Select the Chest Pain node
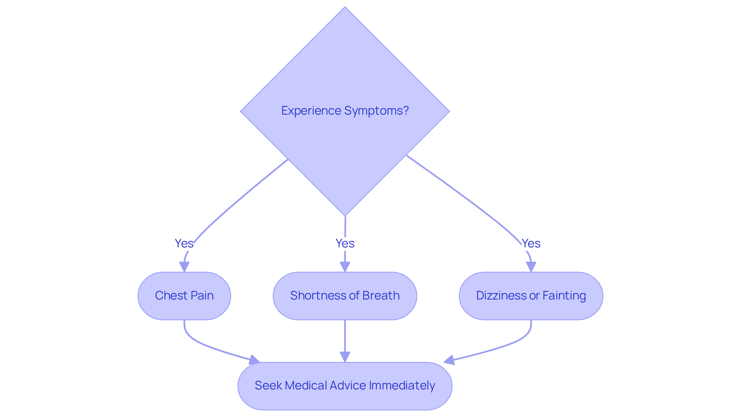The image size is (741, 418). [184, 296]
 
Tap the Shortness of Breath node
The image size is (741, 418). [345, 296]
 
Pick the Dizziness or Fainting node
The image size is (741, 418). [531, 296]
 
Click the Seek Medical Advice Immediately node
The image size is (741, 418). [345, 386]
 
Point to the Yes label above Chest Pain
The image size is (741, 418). [184, 243]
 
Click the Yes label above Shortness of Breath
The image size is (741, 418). [345, 243]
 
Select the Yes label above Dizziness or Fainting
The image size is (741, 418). [531, 243]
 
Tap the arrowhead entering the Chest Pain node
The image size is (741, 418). [184, 267]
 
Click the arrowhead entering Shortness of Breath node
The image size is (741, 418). [345, 267]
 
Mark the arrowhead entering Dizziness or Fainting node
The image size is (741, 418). [531, 267]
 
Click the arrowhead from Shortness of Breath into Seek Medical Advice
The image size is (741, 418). [345, 357]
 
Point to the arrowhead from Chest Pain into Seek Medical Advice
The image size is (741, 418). [254, 360]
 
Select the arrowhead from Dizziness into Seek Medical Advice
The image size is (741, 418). [449, 360]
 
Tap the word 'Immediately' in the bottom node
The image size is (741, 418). [402, 386]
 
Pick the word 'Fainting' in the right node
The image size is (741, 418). [564, 296]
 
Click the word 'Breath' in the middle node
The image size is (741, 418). [381, 296]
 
